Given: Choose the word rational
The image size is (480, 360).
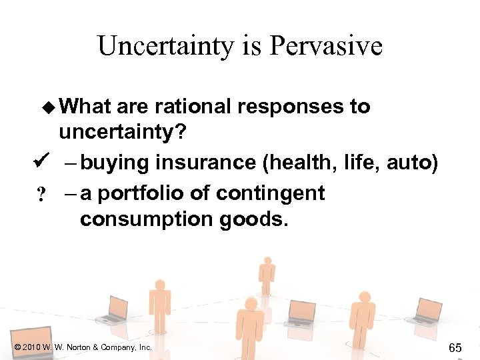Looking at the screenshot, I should (x=188, y=107).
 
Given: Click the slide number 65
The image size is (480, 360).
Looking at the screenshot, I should (x=455, y=347).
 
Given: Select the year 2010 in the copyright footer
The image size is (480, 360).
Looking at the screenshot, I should (x=31, y=347).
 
